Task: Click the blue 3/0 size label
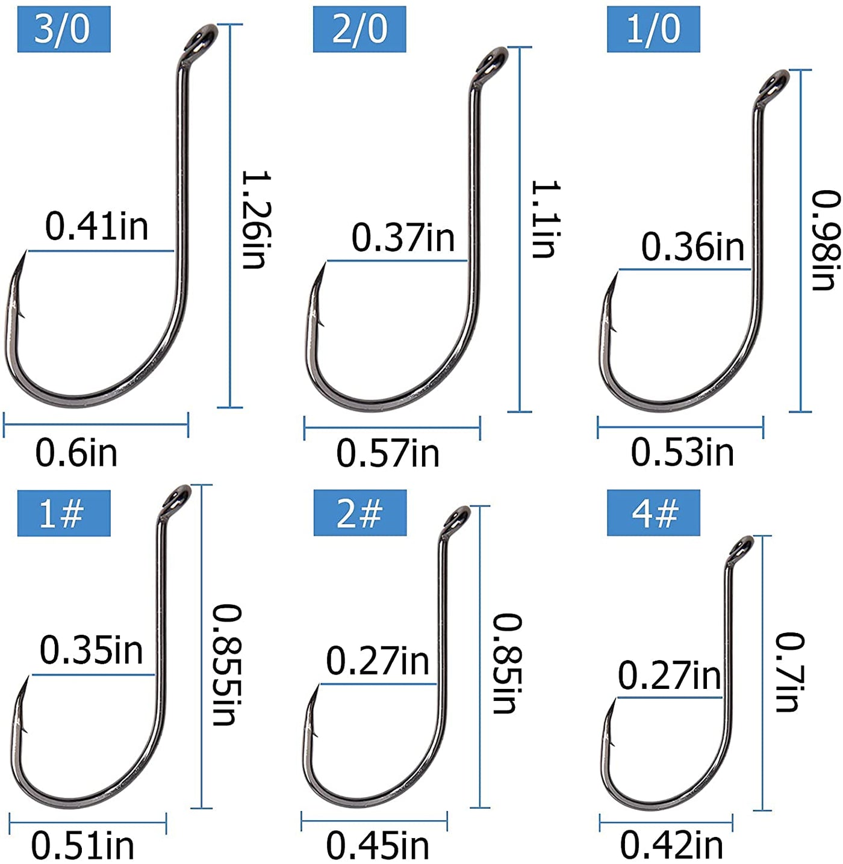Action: coord(64,29)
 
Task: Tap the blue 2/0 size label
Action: coord(359,29)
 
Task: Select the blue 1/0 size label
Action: coord(653,29)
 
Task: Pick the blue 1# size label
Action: coord(64,513)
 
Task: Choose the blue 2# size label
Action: coord(360,513)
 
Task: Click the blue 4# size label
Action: coord(653,513)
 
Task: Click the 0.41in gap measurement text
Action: coord(97,226)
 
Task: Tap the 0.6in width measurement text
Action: coord(76,453)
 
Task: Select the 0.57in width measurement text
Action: coord(388,453)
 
